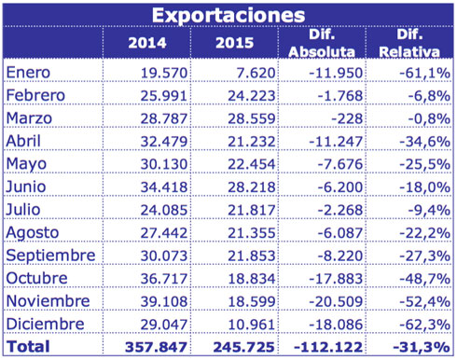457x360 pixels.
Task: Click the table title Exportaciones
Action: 228,15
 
